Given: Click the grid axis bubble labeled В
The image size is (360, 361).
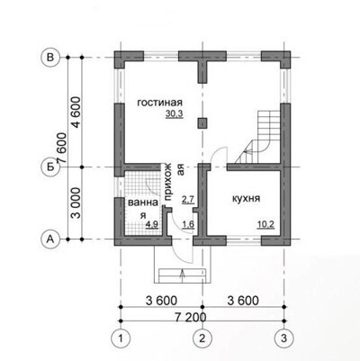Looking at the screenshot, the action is tap(50, 57).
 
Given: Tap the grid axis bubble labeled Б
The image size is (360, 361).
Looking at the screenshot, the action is tap(50, 167).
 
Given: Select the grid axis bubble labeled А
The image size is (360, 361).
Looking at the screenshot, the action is tap(50, 239).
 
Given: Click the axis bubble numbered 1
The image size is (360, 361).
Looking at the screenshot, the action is tap(121, 338).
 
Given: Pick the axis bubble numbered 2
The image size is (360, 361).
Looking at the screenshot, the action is tap(202, 338).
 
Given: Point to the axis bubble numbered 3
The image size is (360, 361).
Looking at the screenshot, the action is tap(284, 338).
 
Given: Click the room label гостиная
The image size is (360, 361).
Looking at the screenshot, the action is tap(159, 103).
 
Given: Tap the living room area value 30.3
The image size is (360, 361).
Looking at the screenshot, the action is tap(174, 114).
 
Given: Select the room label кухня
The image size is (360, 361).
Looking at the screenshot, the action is tap(246, 199).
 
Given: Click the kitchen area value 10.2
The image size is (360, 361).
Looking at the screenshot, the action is tap(265, 224).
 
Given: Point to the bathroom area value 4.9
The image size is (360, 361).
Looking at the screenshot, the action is tap(152, 224).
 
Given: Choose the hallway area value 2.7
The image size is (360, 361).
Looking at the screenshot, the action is tap(188, 199).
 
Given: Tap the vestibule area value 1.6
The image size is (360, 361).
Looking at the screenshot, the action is tap(188, 224).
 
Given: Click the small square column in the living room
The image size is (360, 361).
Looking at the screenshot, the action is tap(202, 122).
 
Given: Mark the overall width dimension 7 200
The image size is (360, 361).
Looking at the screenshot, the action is tap(191, 317).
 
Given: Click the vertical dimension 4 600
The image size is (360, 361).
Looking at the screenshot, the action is tap(76, 113).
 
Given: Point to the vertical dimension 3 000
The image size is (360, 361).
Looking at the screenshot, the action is tap(76, 203).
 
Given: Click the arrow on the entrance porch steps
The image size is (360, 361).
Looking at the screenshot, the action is tap(183, 275).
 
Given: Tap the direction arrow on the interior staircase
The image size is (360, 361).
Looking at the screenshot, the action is tap(247, 152).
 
